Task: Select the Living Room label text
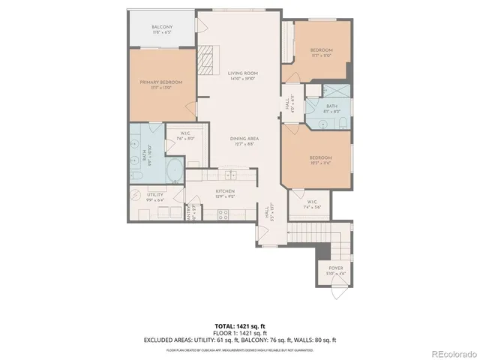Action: click(242, 73)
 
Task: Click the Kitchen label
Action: click(226, 191)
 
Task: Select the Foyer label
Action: click(334, 268)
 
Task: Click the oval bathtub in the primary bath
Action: click(175, 170)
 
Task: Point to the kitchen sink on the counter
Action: click(228, 175)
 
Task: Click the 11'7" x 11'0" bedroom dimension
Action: click(321, 55)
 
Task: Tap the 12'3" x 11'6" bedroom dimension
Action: click(321, 163)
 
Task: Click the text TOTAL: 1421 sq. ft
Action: click(240, 326)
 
